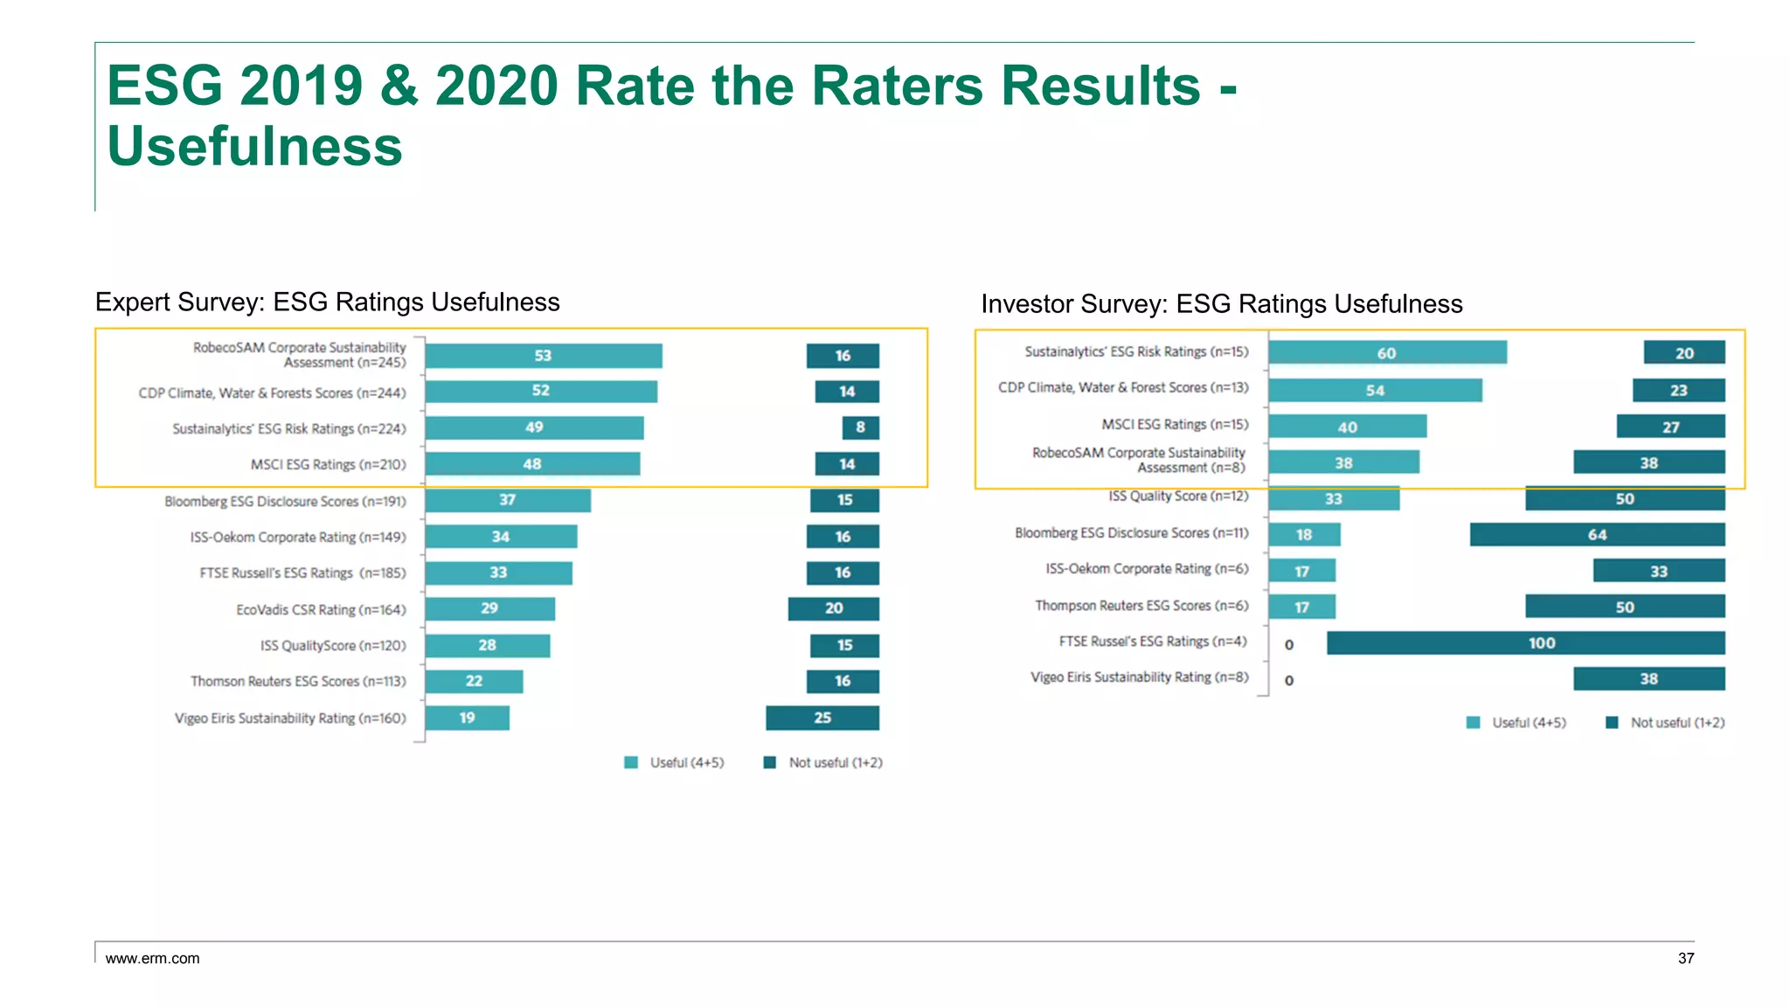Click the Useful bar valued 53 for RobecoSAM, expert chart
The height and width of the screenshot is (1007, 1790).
pyautogui.click(x=543, y=356)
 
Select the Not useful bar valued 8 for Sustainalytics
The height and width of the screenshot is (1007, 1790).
pyautogui.click(x=860, y=427)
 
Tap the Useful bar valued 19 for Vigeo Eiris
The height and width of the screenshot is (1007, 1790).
pyautogui.click(x=467, y=718)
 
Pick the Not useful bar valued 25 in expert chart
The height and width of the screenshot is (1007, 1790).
pyautogui.click(x=822, y=718)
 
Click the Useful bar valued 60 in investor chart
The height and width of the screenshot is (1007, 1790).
pyautogui.click(x=1387, y=352)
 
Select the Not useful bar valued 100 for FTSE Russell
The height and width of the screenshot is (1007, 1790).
pyautogui.click(x=1525, y=643)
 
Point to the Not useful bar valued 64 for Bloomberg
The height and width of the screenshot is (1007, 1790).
pyautogui.click(x=1597, y=535)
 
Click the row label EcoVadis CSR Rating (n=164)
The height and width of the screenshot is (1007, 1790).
pyautogui.click(x=321, y=609)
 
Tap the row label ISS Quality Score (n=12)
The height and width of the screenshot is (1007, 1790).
pyautogui.click(x=1178, y=497)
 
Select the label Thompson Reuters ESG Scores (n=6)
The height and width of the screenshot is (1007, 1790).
pyautogui.click(x=1141, y=606)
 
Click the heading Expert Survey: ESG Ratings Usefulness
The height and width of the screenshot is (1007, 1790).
pyautogui.click(x=327, y=302)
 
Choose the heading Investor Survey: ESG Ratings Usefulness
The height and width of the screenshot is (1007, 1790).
pyautogui.click(x=1221, y=303)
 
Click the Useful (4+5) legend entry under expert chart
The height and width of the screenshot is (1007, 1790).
pyautogui.click(x=675, y=762)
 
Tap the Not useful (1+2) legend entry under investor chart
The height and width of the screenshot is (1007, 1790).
pyautogui.click(x=1666, y=723)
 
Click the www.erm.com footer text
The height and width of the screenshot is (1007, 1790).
pyautogui.click(x=152, y=958)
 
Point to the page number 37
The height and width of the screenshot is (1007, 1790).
pyautogui.click(x=1685, y=958)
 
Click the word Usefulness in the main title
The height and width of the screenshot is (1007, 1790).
pyautogui.click(x=254, y=146)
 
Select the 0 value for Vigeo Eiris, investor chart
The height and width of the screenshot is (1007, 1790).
pyautogui.click(x=1288, y=680)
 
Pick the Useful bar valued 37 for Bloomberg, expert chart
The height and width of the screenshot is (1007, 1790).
pyautogui.click(x=507, y=500)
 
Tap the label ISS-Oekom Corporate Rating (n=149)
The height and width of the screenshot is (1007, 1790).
pyautogui.click(x=298, y=537)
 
